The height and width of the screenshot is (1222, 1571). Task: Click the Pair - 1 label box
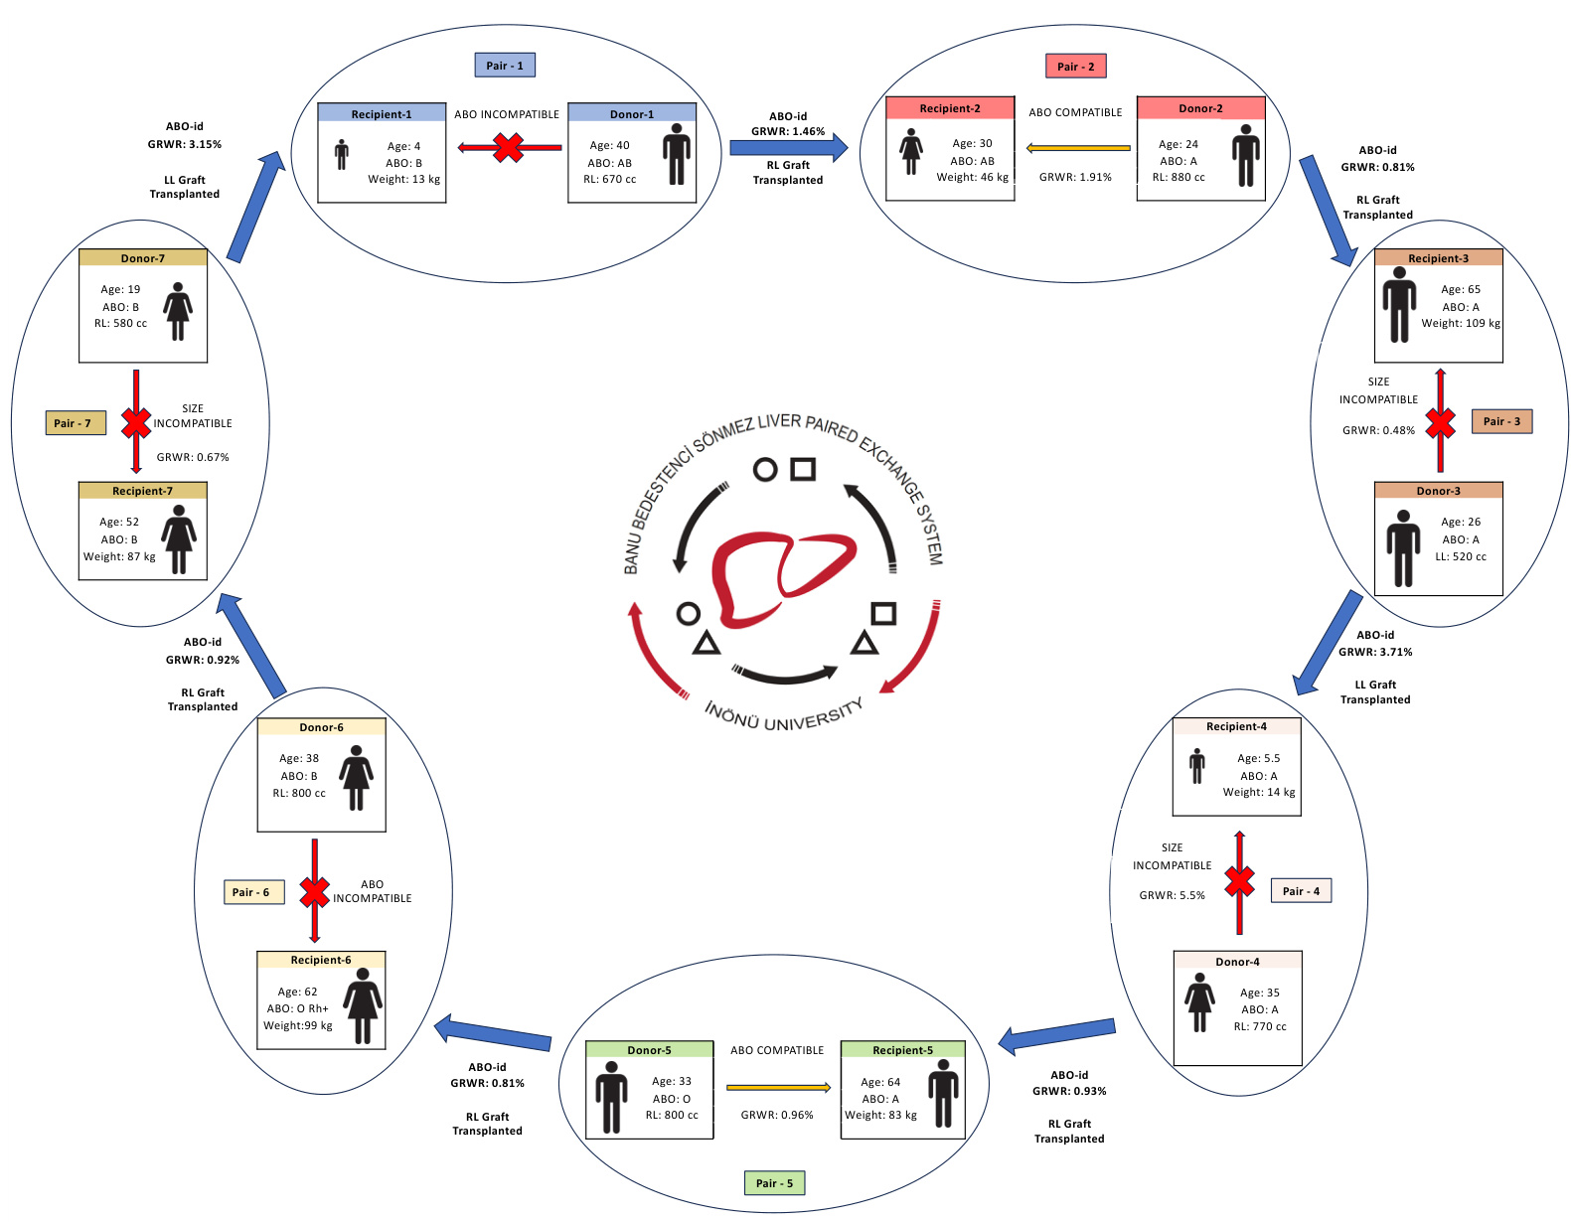click(x=505, y=66)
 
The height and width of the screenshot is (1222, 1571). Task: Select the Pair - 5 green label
click(x=774, y=1183)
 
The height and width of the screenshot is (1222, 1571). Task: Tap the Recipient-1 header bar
click(x=382, y=113)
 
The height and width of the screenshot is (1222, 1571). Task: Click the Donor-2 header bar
click(x=1200, y=107)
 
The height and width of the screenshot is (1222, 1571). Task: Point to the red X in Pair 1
click(x=508, y=148)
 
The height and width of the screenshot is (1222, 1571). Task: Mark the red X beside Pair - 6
click(x=314, y=892)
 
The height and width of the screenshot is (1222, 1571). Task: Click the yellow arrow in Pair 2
click(x=1078, y=148)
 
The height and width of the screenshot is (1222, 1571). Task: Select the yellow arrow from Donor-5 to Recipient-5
click(x=778, y=1088)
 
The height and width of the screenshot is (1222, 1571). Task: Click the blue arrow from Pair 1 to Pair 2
click(x=788, y=148)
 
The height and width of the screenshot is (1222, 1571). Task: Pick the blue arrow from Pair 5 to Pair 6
click(x=494, y=1034)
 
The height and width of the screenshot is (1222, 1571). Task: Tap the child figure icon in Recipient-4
click(x=1197, y=766)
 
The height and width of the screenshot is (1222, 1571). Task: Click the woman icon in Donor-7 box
click(x=178, y=311)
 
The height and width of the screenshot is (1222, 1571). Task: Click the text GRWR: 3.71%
click(x=1374, y=653)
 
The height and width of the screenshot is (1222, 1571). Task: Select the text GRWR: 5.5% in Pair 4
click(x=1172, y=895)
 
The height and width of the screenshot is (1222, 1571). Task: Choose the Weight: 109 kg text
click(x=1461, y=323)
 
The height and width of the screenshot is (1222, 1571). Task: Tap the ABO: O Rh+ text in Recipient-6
click(x=297, y=1008)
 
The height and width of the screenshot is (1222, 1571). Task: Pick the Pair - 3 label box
click(x=1501, y=421)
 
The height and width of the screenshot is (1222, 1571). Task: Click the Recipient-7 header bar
click(x=142, y=491)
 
